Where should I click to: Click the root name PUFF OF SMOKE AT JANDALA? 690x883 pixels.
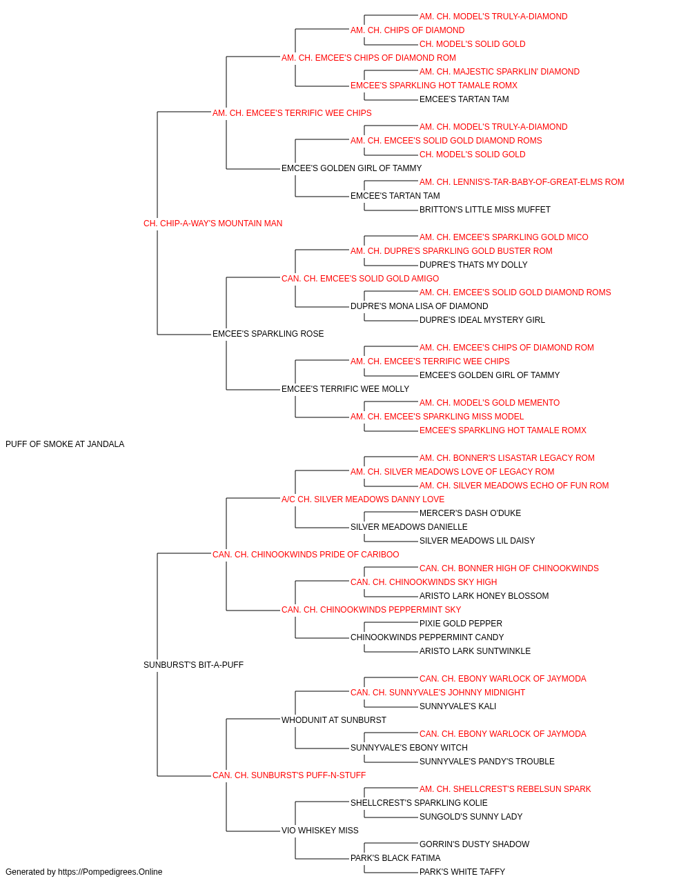[65, 444]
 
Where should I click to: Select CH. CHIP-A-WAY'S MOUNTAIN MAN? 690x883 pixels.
[213, 224]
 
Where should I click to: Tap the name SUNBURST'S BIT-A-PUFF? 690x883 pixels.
[193, 665]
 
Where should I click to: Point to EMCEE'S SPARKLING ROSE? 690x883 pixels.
[268, 334]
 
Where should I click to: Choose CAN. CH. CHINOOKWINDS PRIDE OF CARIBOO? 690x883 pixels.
[306, 554]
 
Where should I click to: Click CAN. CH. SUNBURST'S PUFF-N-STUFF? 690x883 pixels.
[289, 775]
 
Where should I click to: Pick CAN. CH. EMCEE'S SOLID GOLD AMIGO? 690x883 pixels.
[360, 278]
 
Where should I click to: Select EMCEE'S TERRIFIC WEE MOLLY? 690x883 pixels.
[346, 389]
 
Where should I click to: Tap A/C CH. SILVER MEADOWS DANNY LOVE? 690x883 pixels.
[363, 499]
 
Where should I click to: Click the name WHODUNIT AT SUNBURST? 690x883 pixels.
[334, 720]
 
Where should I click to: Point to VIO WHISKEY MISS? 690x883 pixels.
[319, 830]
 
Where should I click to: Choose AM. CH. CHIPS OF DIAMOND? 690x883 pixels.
[408, 30]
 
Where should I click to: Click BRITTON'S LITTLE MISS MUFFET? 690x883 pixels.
[485, 210]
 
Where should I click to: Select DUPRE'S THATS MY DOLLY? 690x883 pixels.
[473, 265]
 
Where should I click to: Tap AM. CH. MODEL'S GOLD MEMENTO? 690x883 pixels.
[490, 403]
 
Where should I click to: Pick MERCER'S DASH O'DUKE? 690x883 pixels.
[470, 513]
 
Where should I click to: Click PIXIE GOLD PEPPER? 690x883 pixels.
[461, 624]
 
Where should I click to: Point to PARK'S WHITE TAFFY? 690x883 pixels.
[462, 872]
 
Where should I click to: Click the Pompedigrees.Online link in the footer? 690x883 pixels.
[110, 872]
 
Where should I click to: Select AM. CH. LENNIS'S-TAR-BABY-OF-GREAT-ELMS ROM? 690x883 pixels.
[522, 182]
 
